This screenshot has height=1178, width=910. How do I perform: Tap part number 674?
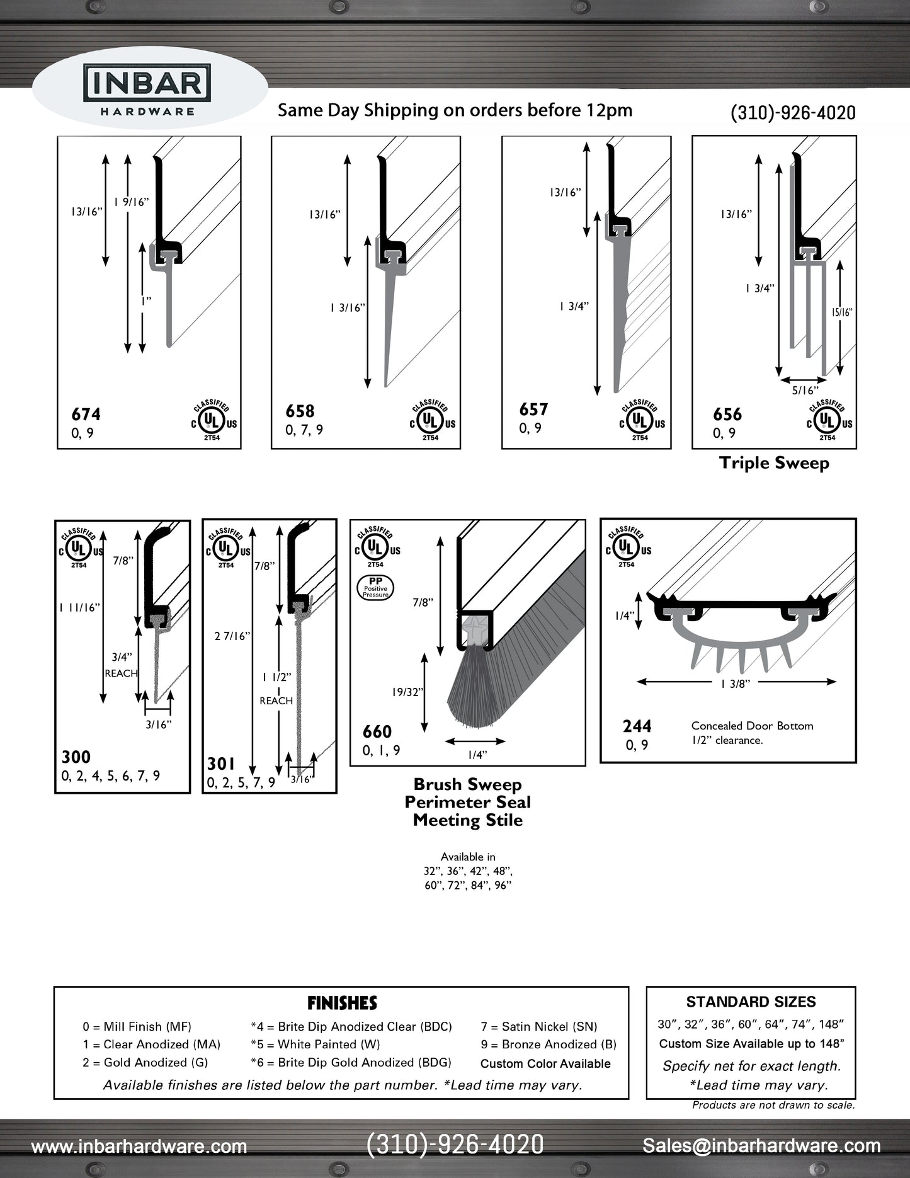pyautogui.click(x=86, y=414)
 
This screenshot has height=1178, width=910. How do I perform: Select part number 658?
pyautogui.click(x=300, y=411)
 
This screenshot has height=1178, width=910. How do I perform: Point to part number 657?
pyautogui.click(x=533, y=409)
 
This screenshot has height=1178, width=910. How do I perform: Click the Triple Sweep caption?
pyautogui.click(x=774, y=463)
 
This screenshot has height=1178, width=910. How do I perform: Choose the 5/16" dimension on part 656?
pyautogui.click(x=804, y=391)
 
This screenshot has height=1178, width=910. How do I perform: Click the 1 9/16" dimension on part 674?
pyautogui.click(x=131, y=202)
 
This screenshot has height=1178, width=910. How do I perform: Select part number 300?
pyautogui.click(x=76, y=757)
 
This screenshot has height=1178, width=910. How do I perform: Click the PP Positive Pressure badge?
pyautogui.click(x=375, y=586)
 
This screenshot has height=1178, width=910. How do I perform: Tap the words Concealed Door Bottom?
pyautogui.click(x=752, y=726)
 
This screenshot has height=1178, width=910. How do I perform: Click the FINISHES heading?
pyautogui.click(x=342, y=1003)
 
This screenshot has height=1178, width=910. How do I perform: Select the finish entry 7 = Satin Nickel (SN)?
pyautogui.click(x=538, y=1027)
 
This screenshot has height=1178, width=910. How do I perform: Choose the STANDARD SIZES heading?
pyautogui.click(x=751, y=1002)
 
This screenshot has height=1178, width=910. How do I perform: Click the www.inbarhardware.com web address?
pyautogui.click(x=139, y=1146)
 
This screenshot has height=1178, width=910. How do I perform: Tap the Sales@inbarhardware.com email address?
pyautogui.click(x=761, y=1145)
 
